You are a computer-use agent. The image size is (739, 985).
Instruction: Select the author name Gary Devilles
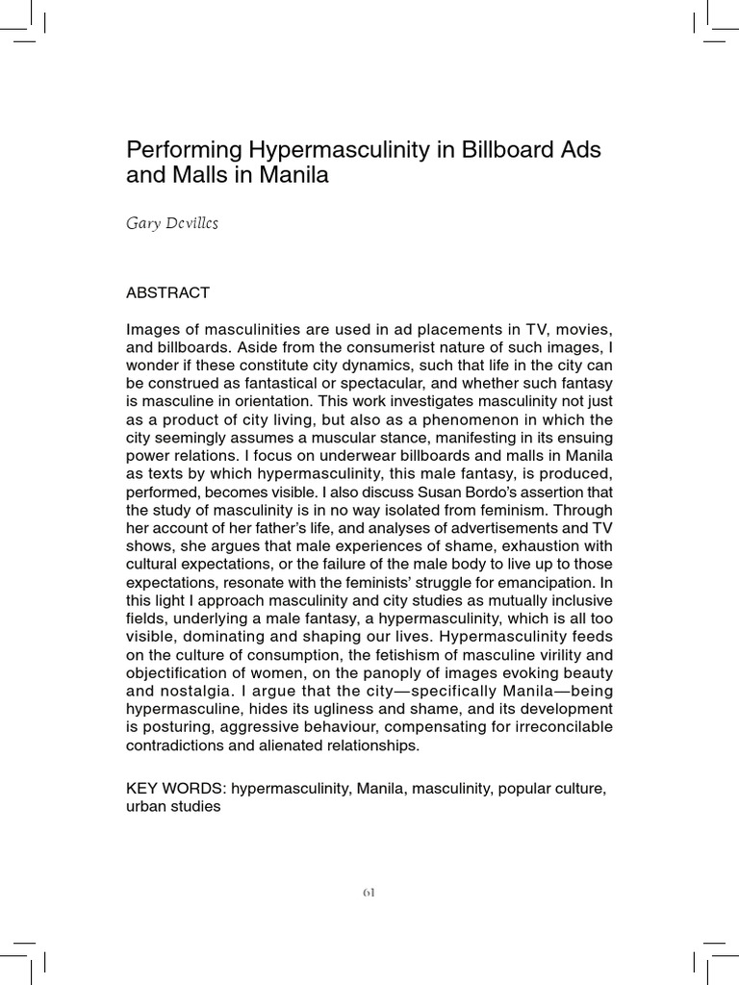tap(172, 223)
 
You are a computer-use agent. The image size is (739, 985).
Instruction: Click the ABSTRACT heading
tap(168, 292)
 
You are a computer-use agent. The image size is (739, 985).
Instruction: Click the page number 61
tap(369, 892)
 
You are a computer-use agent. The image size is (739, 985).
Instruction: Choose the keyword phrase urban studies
tap(173, 807)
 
